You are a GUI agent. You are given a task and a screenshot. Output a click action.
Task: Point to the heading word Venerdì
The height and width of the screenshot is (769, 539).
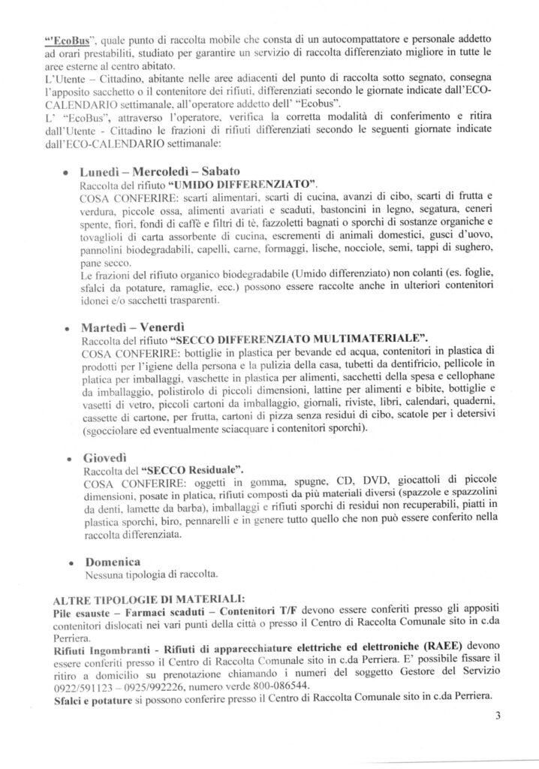tap(164, 327)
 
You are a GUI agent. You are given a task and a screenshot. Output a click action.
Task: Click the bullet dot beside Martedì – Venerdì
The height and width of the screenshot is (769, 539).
tap(69, 329)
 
